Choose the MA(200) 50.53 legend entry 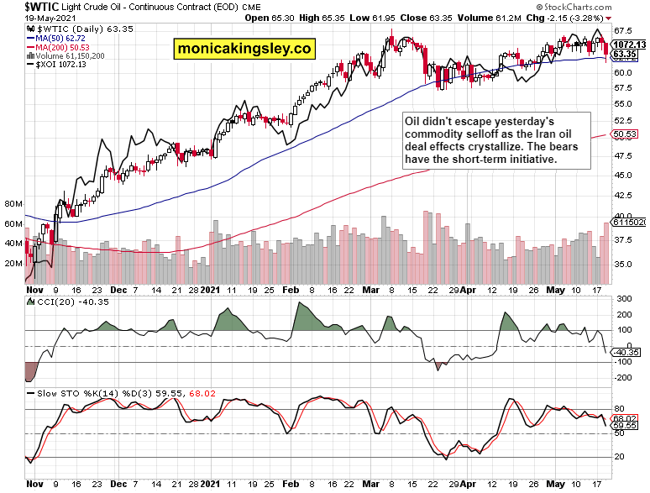tap(62, 47)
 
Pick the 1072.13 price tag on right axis tap(628, 45)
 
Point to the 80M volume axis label tap(13, 204)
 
